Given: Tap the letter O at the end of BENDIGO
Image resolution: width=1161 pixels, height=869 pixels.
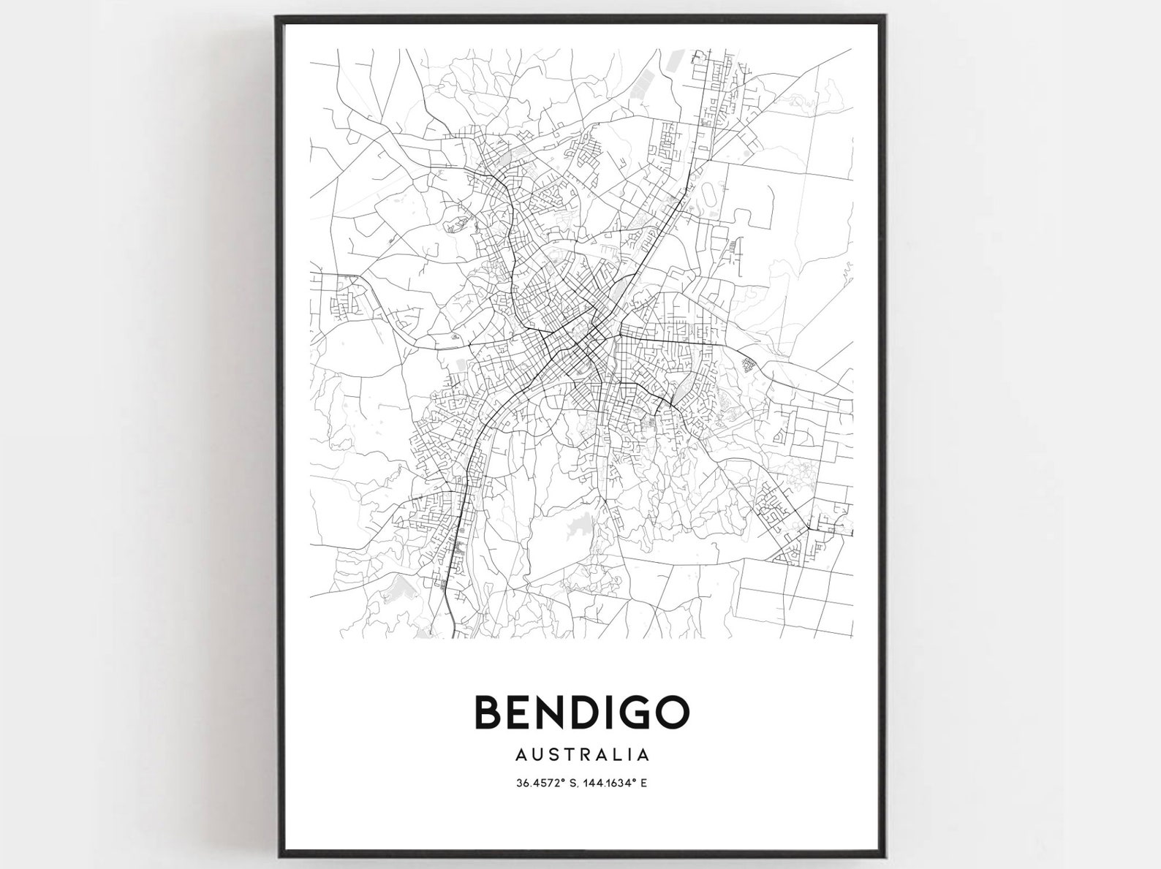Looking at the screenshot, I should pyautogui.click(x=670, y=711).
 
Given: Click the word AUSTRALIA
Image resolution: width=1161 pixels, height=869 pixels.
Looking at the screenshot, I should pyautogui.click(x=581, y=752).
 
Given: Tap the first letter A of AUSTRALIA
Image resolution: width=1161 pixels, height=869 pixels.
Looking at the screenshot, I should pyautogui.click(x=521, y=752).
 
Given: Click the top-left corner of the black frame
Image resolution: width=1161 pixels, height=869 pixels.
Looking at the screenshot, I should pyautogui.click(x=277, y=16).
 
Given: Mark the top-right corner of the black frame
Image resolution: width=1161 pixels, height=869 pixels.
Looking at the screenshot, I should pyautogui.click(x=888, y=16).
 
